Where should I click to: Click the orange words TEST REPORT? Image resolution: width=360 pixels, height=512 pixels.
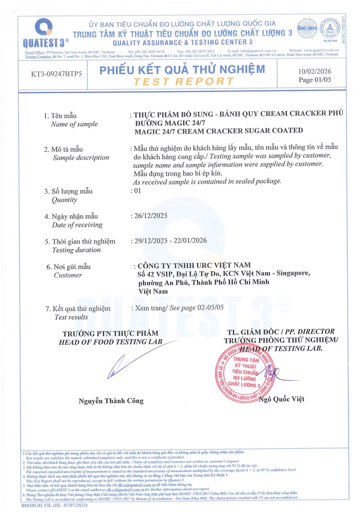pyautogui.click(x=183, y=81)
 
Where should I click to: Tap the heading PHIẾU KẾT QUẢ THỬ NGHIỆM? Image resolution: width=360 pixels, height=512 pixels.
pyautogui.click(x=182, y=70)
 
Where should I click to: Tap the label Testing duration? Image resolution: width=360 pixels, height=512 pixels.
pyautogui.click(x=76, y=250)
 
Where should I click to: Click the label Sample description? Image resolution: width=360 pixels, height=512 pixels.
pyautogui.click(x=81, y=158)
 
